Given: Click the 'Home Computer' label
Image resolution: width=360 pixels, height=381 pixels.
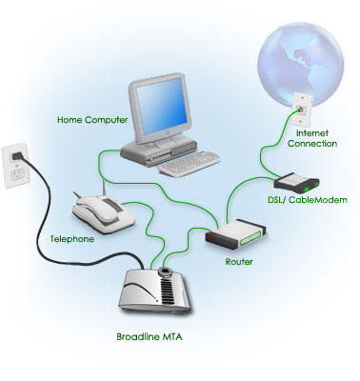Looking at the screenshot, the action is pyautogui.click(x=92, y=120).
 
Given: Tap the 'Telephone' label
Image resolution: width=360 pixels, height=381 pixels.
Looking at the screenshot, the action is pyautogui.click(x=72, y=239).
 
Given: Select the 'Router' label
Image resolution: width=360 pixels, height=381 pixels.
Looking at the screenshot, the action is pyautogui.click(x=239, y=262).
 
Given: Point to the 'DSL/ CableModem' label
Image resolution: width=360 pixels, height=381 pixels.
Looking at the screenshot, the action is pyautogui.click(x=308, y=200).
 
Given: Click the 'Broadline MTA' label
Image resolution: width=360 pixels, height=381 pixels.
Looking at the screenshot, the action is pyautogui.click(x=150, y=336).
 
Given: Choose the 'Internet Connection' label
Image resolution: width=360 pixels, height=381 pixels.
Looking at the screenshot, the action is pyautogui.click(x=312, y=138).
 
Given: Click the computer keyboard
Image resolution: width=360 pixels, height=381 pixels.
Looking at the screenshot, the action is pyautogui.click(x=190, y=164).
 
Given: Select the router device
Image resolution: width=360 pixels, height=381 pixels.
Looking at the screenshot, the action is pyautogui.click(x=235, y=233).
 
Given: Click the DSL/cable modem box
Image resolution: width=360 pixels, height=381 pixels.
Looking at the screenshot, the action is pyautogui.click(x=296, y=183).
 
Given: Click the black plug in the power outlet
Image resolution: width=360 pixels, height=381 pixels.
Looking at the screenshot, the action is pyautogui.click(x=17, y=155).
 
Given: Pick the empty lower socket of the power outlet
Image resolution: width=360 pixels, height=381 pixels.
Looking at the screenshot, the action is pyautogui.click(x=17, y=174).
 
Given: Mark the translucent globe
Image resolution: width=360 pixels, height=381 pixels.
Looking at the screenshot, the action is pyautogui.click(x=300, y=64).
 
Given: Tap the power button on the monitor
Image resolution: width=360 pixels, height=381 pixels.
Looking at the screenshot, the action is pyautogui.click(x=167, y=133).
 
